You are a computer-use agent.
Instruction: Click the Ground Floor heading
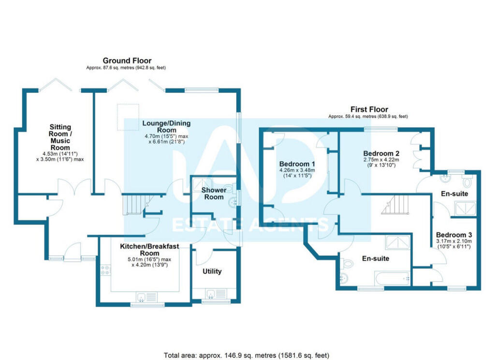tap(127, 60)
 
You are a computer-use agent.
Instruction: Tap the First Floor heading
tap(369, 109)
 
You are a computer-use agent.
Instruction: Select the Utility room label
tap(212, 271)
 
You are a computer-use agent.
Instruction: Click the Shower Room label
tap(213, 193)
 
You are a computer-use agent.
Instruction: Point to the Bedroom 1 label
tap(297, 163)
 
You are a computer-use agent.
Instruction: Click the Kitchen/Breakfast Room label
tap(149, 250)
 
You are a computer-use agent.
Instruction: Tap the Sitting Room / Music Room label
tap(60, 137)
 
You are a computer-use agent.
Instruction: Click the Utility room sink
tap(212, 293)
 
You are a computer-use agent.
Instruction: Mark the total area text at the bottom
tap(247, 355)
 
